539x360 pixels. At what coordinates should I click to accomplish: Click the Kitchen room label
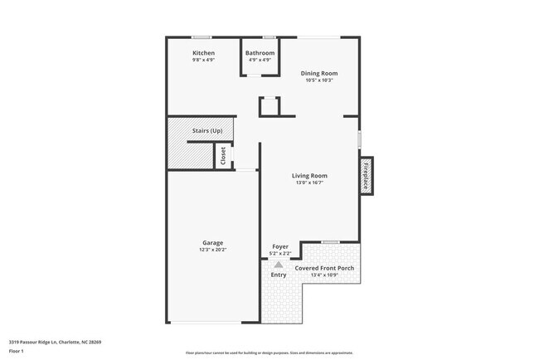(203, 53)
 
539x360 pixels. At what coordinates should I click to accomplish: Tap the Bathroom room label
(260, 53)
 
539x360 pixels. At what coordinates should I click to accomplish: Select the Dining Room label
(319, 73)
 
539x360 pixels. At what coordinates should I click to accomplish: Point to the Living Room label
(309, 176)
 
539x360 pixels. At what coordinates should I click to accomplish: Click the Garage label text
(213, 242)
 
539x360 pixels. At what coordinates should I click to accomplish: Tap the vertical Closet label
(223, 156)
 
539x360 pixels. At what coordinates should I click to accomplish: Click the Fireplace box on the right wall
(365, 175)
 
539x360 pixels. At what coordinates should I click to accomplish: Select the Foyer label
(280, 246)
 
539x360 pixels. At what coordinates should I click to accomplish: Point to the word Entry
(279, 275)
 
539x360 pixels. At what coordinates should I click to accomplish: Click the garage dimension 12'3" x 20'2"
(213, 250)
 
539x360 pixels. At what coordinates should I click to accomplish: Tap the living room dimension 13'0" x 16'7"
(309, 183)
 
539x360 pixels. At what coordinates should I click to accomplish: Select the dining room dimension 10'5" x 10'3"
(319, 80)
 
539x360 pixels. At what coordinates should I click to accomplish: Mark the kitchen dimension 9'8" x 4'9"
(203, 61)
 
